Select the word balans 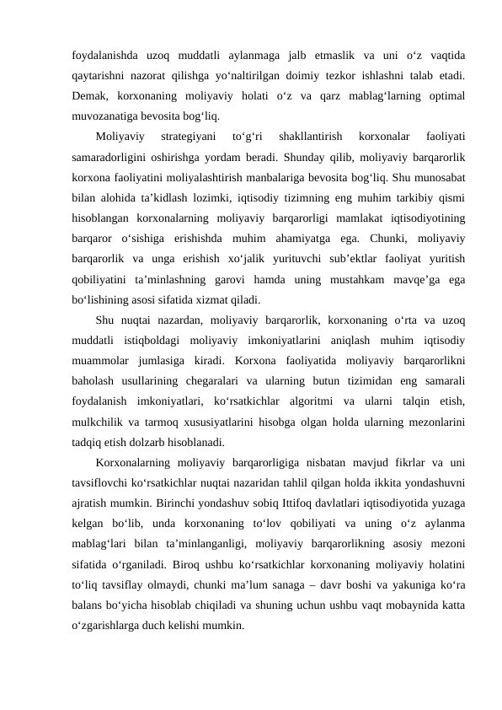coord(90,605)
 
